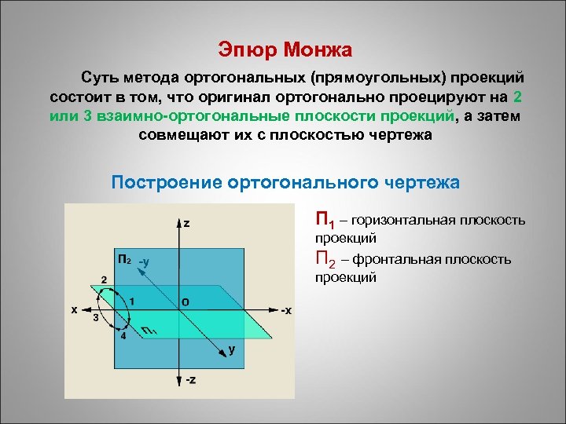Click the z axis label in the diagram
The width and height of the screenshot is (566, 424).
[x=186, y=223]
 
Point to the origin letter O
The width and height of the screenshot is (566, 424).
[x=185, y=302]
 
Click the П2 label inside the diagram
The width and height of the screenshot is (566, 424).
[x=123, y=259]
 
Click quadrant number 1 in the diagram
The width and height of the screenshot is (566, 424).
[x=132, y=301]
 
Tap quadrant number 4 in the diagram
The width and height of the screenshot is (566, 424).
[x=123, y=335]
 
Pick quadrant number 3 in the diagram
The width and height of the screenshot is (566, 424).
[x=95, y=319]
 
